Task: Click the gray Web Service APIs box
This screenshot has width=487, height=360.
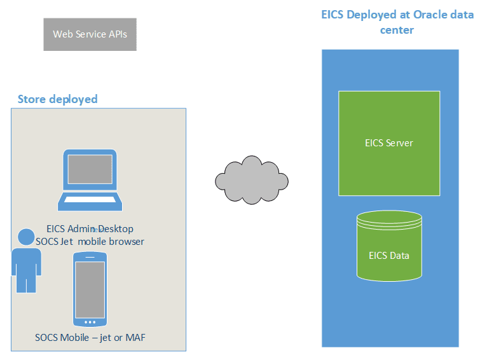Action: pos(90,34)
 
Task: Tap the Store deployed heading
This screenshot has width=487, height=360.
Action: pos(57,99)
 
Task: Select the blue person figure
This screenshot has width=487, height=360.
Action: pos(26,261)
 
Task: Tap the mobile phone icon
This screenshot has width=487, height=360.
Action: pos(90,288)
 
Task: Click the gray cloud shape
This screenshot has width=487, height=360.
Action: pos(251,180)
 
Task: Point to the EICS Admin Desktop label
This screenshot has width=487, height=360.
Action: pos(90,229)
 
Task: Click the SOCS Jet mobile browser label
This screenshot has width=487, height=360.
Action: pos(90,242)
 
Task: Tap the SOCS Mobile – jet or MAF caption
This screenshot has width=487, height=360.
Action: pos(90,337)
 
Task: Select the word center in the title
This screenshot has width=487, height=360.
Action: pos(397,29)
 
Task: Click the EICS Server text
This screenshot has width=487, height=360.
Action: pos(388,143)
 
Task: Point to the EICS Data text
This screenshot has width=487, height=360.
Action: pos(389,256)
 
